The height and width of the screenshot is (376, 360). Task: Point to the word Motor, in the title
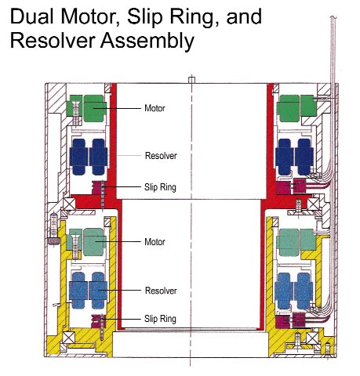coord(88,16)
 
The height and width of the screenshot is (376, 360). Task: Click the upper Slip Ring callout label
coord(160,187)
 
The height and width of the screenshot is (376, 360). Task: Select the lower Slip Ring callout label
coord(160,319)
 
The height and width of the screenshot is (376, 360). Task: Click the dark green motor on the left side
coord(88,108)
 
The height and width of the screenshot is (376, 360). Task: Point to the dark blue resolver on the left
coord(89,155)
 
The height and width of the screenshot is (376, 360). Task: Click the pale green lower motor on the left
coord(88,240)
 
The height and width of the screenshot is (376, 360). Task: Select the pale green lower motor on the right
coord(296,240)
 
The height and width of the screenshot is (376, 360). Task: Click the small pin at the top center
coord(192,78)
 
